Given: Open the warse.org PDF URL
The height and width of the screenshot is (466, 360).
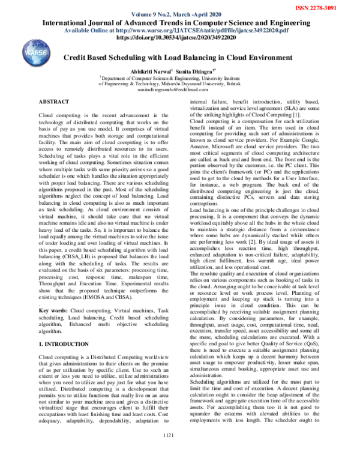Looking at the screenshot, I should [179, 30].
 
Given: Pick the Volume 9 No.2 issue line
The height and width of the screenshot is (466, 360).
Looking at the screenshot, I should [179, 14].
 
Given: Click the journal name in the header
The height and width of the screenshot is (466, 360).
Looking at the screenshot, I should [179, 22].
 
